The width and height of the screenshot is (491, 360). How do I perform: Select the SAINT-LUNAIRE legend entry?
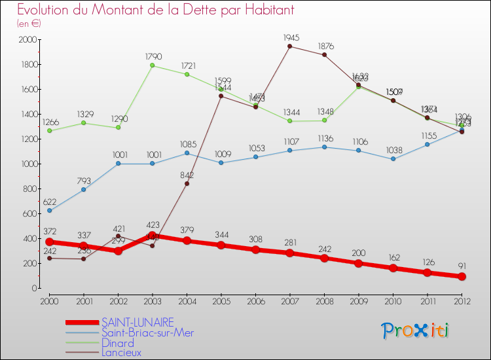[x=137, y=322]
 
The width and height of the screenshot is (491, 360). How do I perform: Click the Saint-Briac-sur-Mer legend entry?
[x=147, y=333]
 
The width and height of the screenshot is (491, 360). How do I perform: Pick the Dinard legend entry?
[x=118, y=343]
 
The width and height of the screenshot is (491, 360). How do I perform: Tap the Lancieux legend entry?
[x=121, y=353]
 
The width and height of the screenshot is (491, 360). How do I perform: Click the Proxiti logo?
[x=416, y=331]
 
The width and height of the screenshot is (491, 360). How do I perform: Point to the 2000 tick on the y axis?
[x=27, y=40]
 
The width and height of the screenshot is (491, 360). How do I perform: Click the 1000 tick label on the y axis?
[x=27, y=164]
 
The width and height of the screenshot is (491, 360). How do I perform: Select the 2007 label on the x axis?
[x=289, y=300]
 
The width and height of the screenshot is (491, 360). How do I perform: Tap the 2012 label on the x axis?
[x=462, y=300]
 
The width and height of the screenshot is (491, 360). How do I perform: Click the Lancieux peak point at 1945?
[x=289, y=46]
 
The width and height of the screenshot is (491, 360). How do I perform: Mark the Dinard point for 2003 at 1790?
[x=153, y=65]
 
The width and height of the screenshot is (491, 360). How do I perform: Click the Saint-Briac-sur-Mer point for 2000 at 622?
[x=50, y=211]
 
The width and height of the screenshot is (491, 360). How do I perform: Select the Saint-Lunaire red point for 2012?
[x=462, y=276]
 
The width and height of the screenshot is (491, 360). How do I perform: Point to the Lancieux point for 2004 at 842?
[x=187, y=183]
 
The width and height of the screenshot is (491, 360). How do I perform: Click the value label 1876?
[x=325, y=46]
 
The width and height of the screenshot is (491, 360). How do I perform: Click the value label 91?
[x=463, y=266]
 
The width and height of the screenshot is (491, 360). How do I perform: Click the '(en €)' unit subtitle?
[x=29, y=24]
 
